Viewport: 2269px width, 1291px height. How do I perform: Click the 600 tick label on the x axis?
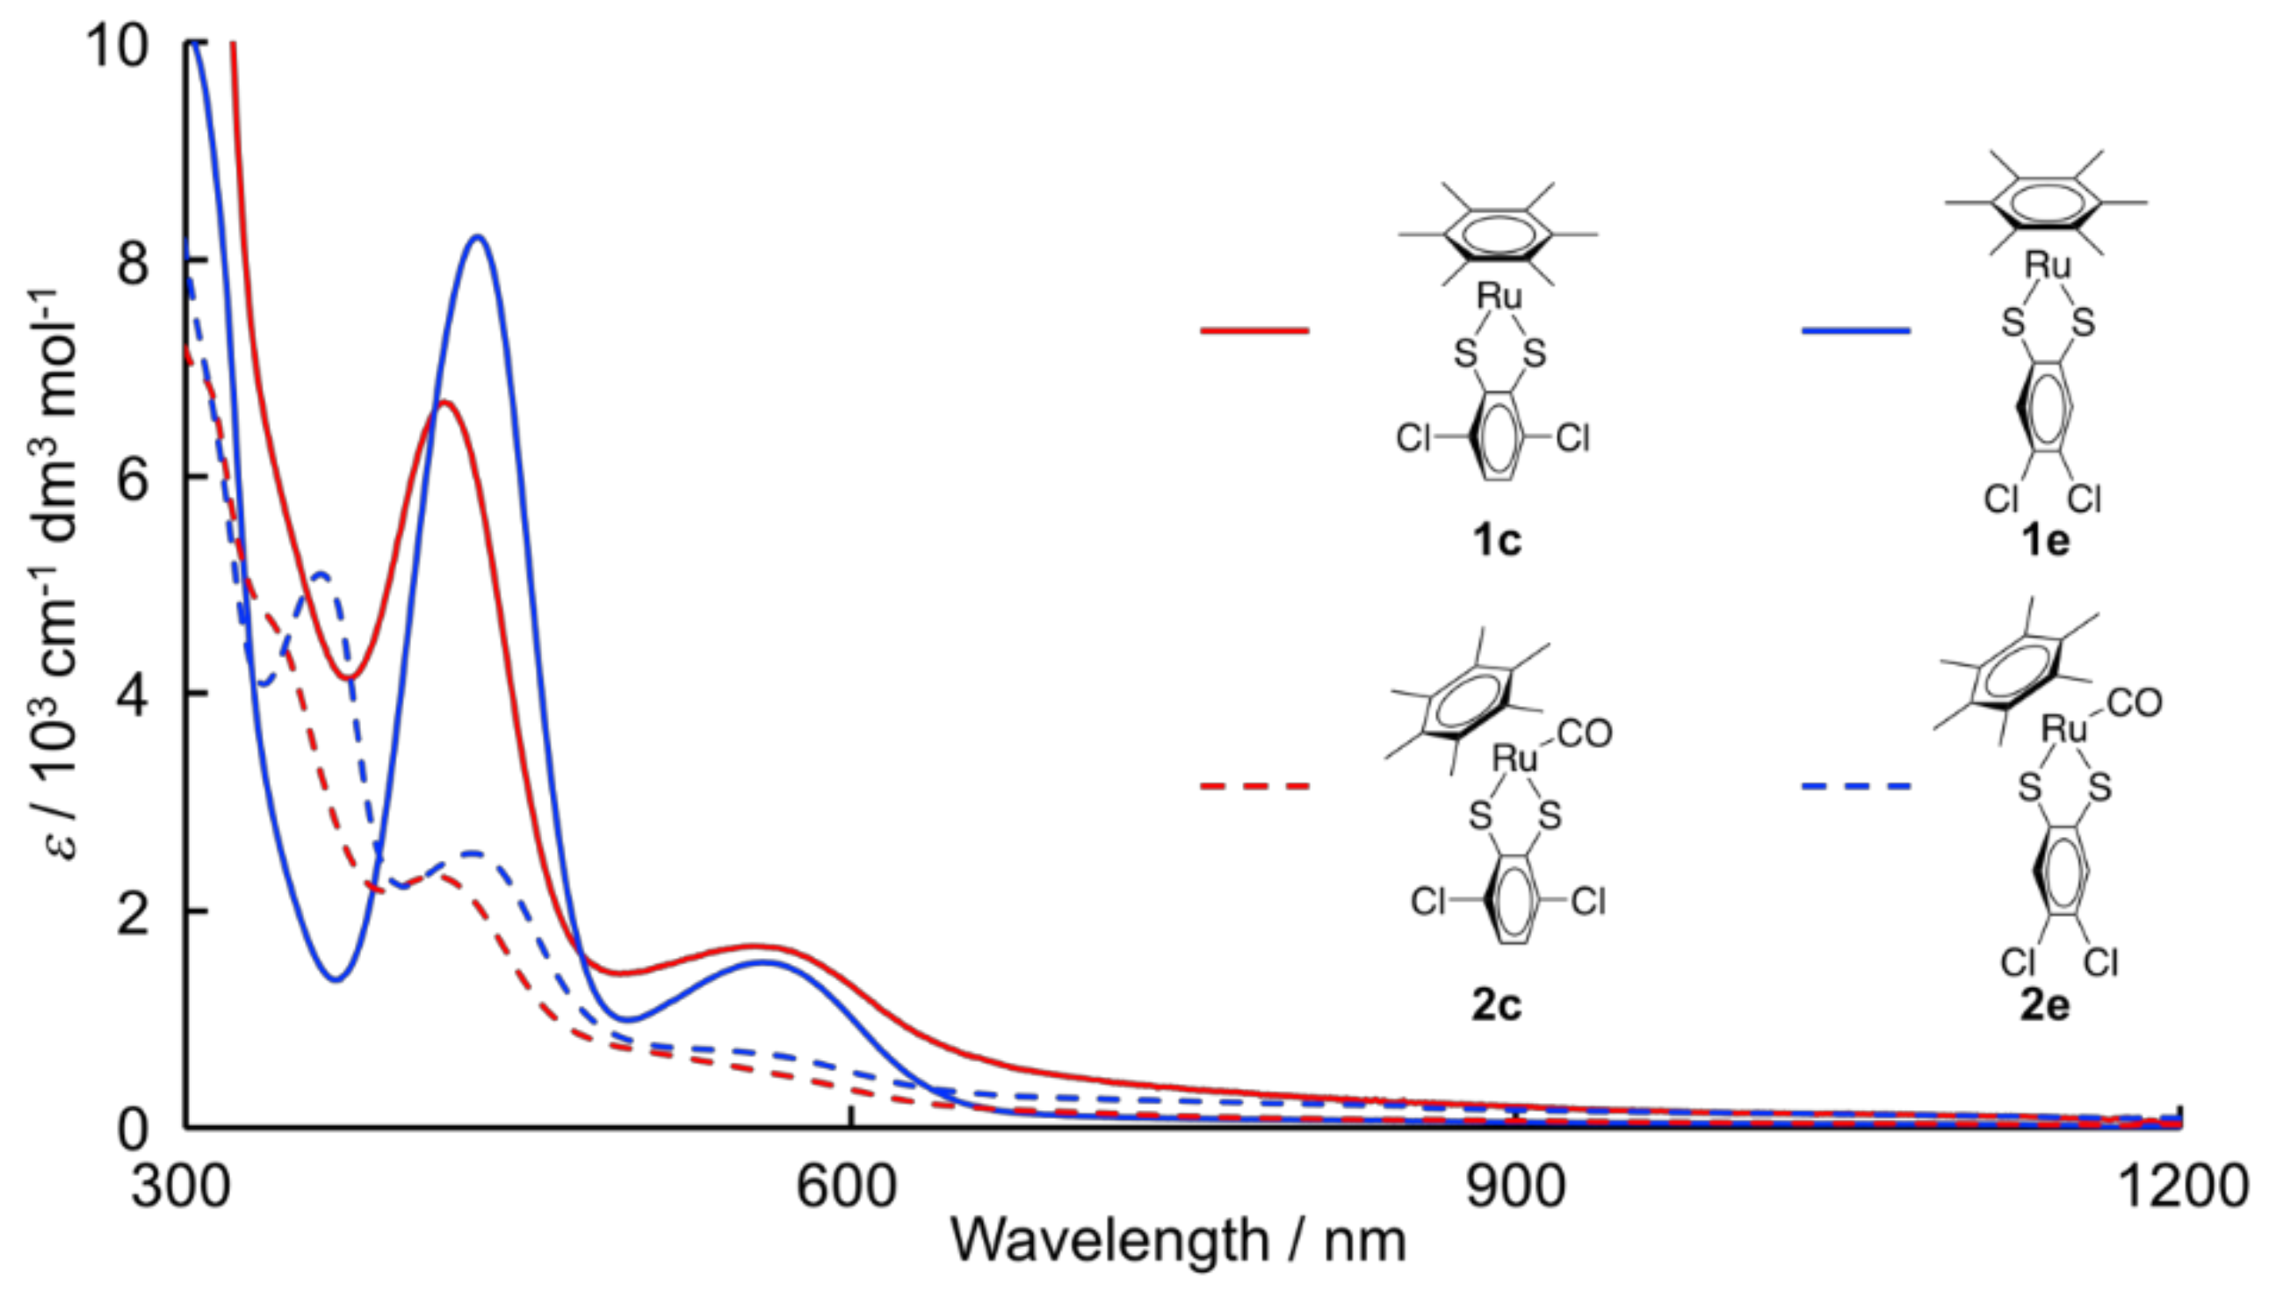[x=846, y=1186]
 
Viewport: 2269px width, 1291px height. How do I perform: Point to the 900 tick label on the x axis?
[x=1514, y=1186]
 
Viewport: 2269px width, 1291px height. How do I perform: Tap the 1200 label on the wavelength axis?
[x=2182, y=1186]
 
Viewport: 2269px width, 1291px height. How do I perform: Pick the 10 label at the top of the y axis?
[x=115, y=44]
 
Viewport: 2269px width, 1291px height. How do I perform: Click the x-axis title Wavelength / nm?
[x=1178, y=1241]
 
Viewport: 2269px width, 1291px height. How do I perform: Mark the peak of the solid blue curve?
[x=478, y=237]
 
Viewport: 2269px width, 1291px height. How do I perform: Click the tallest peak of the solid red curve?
[x=446, y=402]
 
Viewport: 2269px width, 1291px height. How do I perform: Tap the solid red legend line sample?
[x=1254, y=331]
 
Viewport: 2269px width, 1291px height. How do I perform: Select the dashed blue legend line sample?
[x=1856, y=786]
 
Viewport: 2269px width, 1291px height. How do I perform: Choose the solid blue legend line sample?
[x=1856, y=331]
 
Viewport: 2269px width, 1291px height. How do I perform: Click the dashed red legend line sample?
[x=1254, y=786]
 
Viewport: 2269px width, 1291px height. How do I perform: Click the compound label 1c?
[x=1497, y=540]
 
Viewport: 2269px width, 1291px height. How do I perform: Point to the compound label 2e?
[x=2045, y=1005]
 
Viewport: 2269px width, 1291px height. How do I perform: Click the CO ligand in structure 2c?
[x=1584, y=734]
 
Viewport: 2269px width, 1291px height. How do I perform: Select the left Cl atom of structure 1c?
[x=1413, y=438]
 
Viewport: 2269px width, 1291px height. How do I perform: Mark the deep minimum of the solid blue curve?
[x=336, y=979]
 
